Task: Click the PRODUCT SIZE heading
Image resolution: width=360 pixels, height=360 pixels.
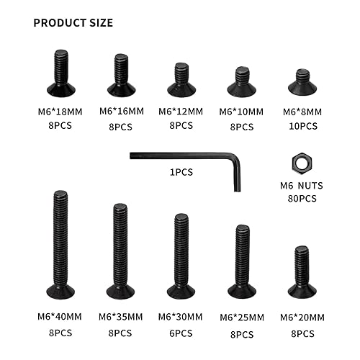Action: tap(73, 22)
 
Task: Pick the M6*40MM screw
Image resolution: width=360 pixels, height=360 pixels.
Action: tap(60, 245)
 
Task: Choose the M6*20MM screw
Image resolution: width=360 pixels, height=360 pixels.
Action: tap(302, 271)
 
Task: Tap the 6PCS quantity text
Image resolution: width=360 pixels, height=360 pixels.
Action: tap(181, 333)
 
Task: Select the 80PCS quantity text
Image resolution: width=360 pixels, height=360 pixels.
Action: tap(301, 198)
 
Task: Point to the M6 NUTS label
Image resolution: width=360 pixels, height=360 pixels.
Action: tap(301, 185)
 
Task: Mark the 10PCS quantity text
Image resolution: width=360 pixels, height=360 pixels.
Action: tap(301, 126)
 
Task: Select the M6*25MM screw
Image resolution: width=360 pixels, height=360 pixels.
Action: tap(242, 261)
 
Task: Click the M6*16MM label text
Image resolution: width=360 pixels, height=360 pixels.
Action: tap(120, 112)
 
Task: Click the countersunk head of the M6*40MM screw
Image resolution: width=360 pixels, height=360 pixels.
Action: tap(60, 291)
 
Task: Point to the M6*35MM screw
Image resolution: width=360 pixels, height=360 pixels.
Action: tap(121, 251)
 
